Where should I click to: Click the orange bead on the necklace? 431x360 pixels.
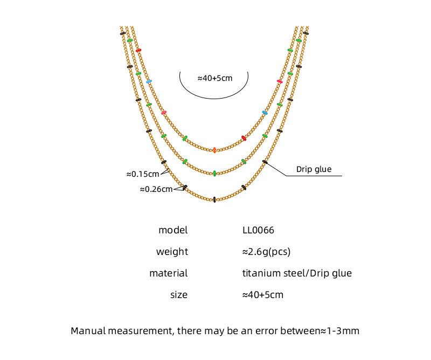tap(214, 150)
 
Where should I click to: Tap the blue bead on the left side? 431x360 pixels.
tap(149, 81)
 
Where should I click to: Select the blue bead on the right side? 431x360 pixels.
tap(265, 113)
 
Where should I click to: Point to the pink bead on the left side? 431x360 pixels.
tap(164, 113)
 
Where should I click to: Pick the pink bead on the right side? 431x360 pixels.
tap(280, 81)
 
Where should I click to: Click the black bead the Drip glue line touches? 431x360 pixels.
tap(265, 162)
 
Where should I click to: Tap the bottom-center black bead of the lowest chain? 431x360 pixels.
tap(214, 199)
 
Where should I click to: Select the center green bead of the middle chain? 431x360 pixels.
tap(214, 174)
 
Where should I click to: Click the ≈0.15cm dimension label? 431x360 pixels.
tap(143, 174)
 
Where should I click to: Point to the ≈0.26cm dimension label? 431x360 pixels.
tap(156, 189)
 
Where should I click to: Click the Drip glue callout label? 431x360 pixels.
tap(314, 169)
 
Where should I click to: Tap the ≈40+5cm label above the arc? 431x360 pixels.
tap(214, 78)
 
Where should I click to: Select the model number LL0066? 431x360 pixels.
tap(258, 230)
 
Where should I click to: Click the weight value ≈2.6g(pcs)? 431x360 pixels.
tap(266, 252)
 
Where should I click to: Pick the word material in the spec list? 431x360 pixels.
tap(169, 273)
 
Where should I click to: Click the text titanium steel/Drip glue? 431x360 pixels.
tap(297, 273)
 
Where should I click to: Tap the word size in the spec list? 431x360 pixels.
tap(179, 295)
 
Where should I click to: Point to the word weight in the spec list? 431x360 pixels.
tap(172, 252)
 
